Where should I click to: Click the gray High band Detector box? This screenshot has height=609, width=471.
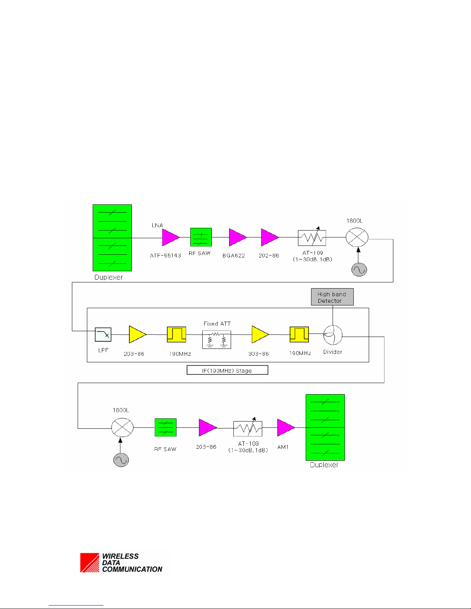click(x=332, y=297)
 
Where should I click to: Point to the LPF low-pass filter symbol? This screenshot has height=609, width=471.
click(x=103, y=335)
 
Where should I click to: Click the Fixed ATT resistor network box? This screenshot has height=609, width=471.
click(x=217, y=339)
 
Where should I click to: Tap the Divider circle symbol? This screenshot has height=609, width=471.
click(x=333, y=335)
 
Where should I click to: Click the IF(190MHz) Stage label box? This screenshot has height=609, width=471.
click(x=227, y=370)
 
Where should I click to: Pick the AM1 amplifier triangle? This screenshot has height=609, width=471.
click(x=285, y=427)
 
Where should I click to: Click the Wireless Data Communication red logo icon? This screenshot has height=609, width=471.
click(x=90, y=563)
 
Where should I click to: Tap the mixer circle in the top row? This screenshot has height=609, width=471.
click(x=357, y=237)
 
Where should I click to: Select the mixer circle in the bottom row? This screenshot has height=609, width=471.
click(x=122, y=427)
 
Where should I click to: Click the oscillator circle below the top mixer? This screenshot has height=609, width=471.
click(x=359, y=270)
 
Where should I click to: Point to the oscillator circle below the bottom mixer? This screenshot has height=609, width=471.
click(x=121, y=460)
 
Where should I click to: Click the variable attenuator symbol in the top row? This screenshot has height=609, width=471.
click(x=312, y=238)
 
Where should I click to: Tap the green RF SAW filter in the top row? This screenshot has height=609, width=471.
click(x=201, y=237)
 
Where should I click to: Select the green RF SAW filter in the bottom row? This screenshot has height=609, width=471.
click(x=165, y=427)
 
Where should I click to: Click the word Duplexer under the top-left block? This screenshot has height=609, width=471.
click(x=108, y=277)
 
